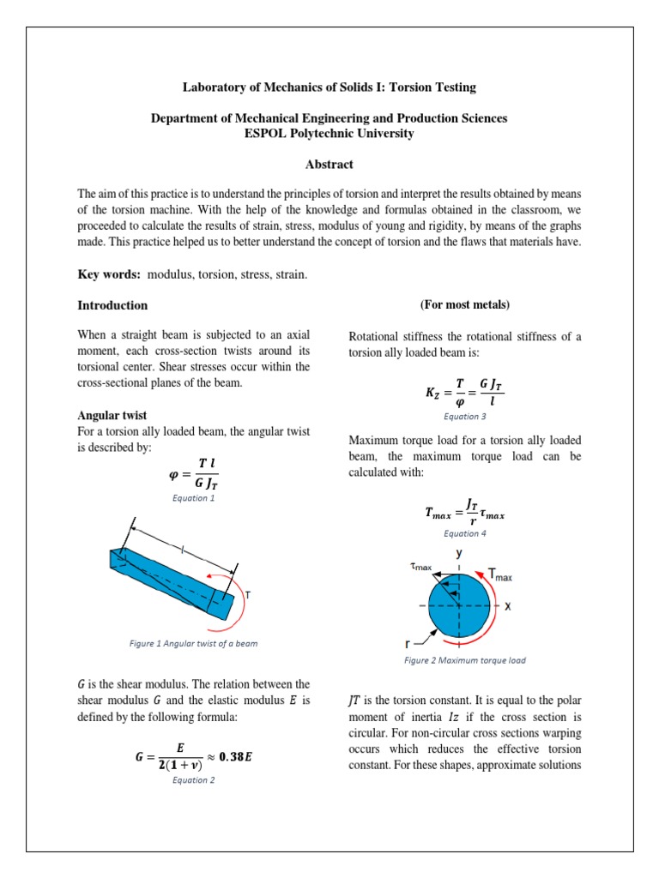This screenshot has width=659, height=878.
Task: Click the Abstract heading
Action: click(329, 165)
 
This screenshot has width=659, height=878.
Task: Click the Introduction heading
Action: click(112, 305)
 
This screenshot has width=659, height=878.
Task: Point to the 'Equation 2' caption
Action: click(194, 779)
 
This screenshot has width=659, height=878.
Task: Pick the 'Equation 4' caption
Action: click(465, 533)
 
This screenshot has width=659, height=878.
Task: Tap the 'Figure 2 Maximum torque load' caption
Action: click(465, 660)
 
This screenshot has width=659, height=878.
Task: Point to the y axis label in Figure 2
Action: click(460, 554)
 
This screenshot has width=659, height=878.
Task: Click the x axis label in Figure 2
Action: click(507, 605)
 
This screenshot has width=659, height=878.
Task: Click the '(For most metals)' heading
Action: click(464, 305)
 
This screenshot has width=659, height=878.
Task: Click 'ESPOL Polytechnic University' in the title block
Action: click(329, 134)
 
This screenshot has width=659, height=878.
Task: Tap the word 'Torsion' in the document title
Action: click(415, 87)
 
